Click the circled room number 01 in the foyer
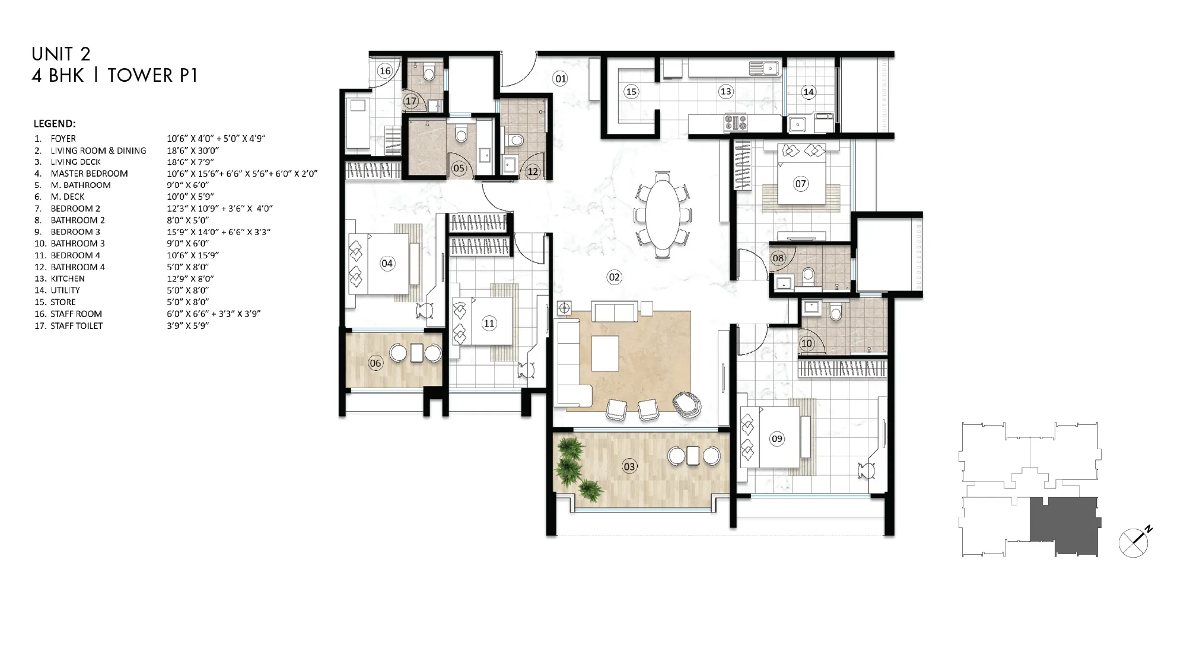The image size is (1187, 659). pos(560,78)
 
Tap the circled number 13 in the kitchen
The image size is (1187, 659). pos(725,91)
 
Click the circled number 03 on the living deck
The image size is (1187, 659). pos(629,466)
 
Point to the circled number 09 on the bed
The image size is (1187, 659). pos(777,439)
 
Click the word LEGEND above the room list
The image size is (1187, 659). pos(55,124)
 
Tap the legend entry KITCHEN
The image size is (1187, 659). pos(68,279)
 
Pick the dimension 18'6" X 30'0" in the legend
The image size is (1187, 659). pos(193,151)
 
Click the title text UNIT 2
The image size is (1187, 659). pos(61,54)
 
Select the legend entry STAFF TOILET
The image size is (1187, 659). pos(77,326)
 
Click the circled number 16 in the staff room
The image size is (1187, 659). pos(385,71)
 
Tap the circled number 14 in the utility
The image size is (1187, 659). pos(809,92)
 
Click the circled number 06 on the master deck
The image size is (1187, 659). pos(375,363)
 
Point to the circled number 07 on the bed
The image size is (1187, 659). pos(800,184)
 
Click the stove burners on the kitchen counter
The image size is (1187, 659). pos(736,123)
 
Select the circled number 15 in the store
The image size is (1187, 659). pos(631,91)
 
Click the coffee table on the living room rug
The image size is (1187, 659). pos(605,354)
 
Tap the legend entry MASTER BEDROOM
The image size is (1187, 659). pos(89,174)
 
